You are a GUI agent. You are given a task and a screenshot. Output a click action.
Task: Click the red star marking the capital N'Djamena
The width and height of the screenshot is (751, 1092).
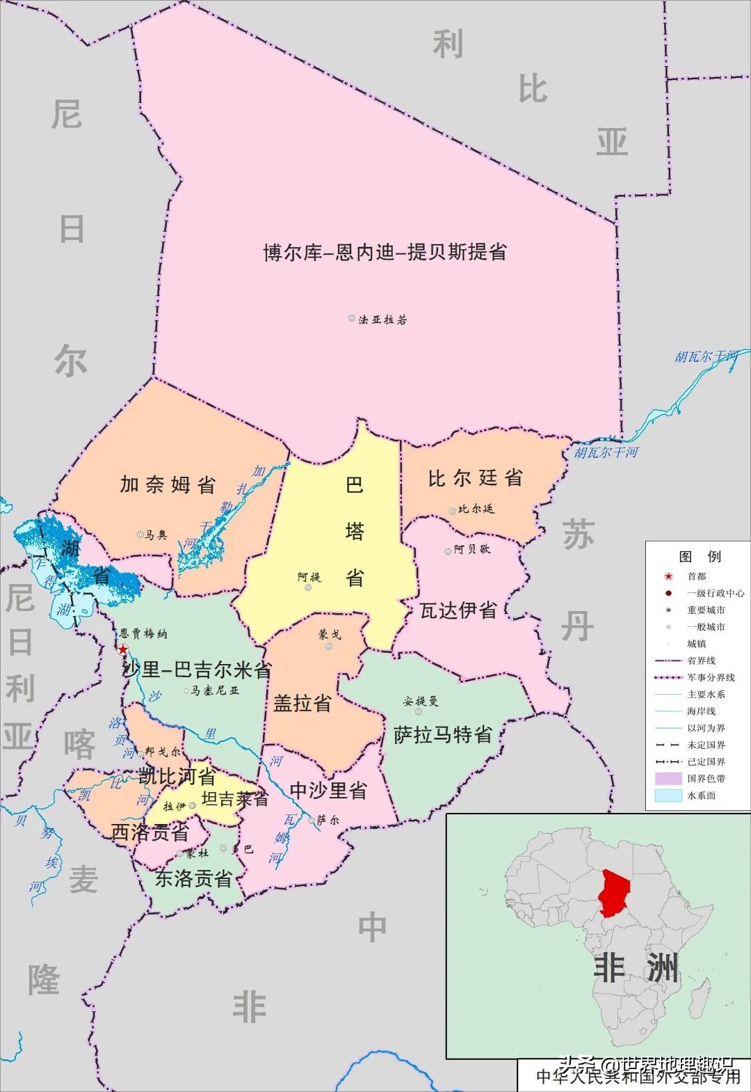pos(123,649)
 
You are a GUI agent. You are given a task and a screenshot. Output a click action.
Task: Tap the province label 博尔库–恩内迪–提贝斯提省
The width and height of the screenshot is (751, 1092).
pos(385,252)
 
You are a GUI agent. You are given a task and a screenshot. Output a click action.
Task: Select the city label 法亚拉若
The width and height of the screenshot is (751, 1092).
pos(382,319)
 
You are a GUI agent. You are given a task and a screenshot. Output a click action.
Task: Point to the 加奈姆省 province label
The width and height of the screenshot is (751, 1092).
pos(168,484)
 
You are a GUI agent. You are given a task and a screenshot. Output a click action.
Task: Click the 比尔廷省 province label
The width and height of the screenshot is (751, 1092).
pos(475,478)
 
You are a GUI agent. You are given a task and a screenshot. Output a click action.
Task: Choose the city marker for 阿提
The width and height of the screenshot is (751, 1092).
pos(308,587)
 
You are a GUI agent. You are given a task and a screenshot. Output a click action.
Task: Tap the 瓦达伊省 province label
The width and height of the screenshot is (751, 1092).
pos(458,610)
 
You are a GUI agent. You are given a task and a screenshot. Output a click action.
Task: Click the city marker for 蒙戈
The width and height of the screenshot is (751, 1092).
pos(328,647)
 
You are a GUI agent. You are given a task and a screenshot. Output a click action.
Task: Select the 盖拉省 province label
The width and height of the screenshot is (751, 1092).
pos(302,703)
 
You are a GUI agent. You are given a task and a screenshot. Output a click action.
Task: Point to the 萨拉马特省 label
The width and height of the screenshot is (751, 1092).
pos(443,734)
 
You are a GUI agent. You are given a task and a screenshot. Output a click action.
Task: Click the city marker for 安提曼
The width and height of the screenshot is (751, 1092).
pos(419,711)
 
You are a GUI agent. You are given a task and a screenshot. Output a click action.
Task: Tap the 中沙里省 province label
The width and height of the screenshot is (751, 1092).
pos(328,790)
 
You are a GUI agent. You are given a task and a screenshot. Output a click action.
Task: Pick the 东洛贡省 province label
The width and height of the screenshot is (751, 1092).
pos(193,878)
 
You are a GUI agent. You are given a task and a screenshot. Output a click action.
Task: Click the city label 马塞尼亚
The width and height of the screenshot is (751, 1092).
pos(215,690)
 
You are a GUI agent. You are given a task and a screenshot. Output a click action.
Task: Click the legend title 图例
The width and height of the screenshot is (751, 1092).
pos(700,557)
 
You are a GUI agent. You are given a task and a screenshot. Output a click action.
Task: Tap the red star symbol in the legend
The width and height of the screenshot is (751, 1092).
pos(668,576)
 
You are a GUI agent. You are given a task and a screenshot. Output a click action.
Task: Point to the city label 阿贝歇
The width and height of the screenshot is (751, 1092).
pos(471,549)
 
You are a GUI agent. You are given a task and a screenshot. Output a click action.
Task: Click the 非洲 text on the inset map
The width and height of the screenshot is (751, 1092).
pos(636,968)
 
